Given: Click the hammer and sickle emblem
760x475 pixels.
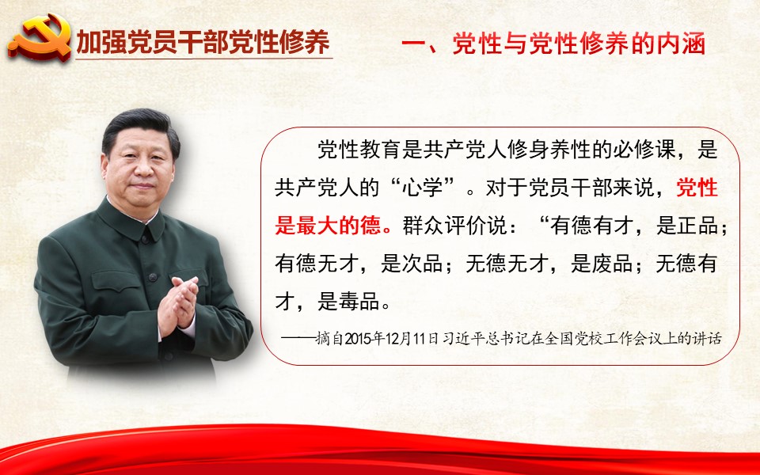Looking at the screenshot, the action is [40, 38].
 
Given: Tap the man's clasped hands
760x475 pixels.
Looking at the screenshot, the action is [178, 306].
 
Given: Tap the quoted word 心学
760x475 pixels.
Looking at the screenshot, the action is [422, 188].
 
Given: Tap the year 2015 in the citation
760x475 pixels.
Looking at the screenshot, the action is [358, 338].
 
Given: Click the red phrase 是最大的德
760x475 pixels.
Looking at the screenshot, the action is [328, 226].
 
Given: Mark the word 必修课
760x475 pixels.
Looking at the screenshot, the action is [644, 150].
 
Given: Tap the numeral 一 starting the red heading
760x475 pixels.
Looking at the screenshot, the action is [413, 44].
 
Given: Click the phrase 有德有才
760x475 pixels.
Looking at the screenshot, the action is [592, 226].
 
